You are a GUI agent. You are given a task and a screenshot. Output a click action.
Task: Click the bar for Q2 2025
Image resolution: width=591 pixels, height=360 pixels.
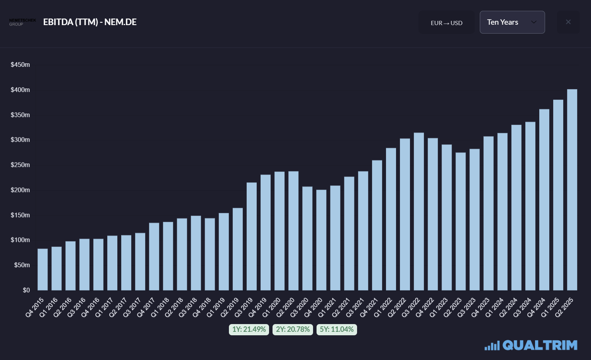(572, 190)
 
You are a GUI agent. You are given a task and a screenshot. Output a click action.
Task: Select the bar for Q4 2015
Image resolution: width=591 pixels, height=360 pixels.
(42, 270)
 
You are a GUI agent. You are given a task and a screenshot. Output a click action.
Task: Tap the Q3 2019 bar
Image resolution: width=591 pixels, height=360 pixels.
(251, 236)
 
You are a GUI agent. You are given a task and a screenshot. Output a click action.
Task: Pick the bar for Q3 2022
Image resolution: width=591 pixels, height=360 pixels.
(419, 211)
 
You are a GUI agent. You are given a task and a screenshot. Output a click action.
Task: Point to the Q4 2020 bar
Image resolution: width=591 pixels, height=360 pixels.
(321, 240)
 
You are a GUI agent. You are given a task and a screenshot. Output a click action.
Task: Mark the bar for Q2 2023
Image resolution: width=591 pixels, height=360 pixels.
(461, 221)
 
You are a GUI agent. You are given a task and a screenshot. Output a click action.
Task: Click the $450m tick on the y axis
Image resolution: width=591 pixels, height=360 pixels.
(20, 65)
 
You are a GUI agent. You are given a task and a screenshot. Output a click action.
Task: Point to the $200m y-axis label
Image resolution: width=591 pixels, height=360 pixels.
(20, 190)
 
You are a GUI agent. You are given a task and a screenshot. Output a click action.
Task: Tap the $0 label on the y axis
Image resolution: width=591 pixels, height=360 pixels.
(26, 290)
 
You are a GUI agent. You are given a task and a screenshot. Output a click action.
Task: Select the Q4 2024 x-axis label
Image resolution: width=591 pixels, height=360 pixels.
(537, 307)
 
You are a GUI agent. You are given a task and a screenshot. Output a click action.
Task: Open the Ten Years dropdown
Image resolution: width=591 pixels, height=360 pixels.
(512, 22)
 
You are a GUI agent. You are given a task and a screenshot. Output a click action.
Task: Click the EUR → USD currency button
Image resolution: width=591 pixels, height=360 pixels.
(446, 22)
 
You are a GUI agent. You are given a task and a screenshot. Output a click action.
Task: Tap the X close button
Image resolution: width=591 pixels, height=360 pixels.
(568, 22)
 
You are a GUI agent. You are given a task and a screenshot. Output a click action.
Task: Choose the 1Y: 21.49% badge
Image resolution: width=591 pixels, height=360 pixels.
(249, 329)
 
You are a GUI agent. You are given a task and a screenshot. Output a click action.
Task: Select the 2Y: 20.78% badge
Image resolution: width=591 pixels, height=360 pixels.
(293, 329)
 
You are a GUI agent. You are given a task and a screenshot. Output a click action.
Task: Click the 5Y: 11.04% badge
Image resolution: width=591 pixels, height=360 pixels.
(337, 329)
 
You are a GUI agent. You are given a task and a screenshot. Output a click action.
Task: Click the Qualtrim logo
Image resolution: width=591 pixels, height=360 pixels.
(531, 345)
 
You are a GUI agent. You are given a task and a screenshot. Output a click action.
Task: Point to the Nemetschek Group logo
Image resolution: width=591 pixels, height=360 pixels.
(22, 22)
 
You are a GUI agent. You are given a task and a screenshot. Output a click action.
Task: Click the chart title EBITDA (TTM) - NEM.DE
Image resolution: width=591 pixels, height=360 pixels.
(90, 22)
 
